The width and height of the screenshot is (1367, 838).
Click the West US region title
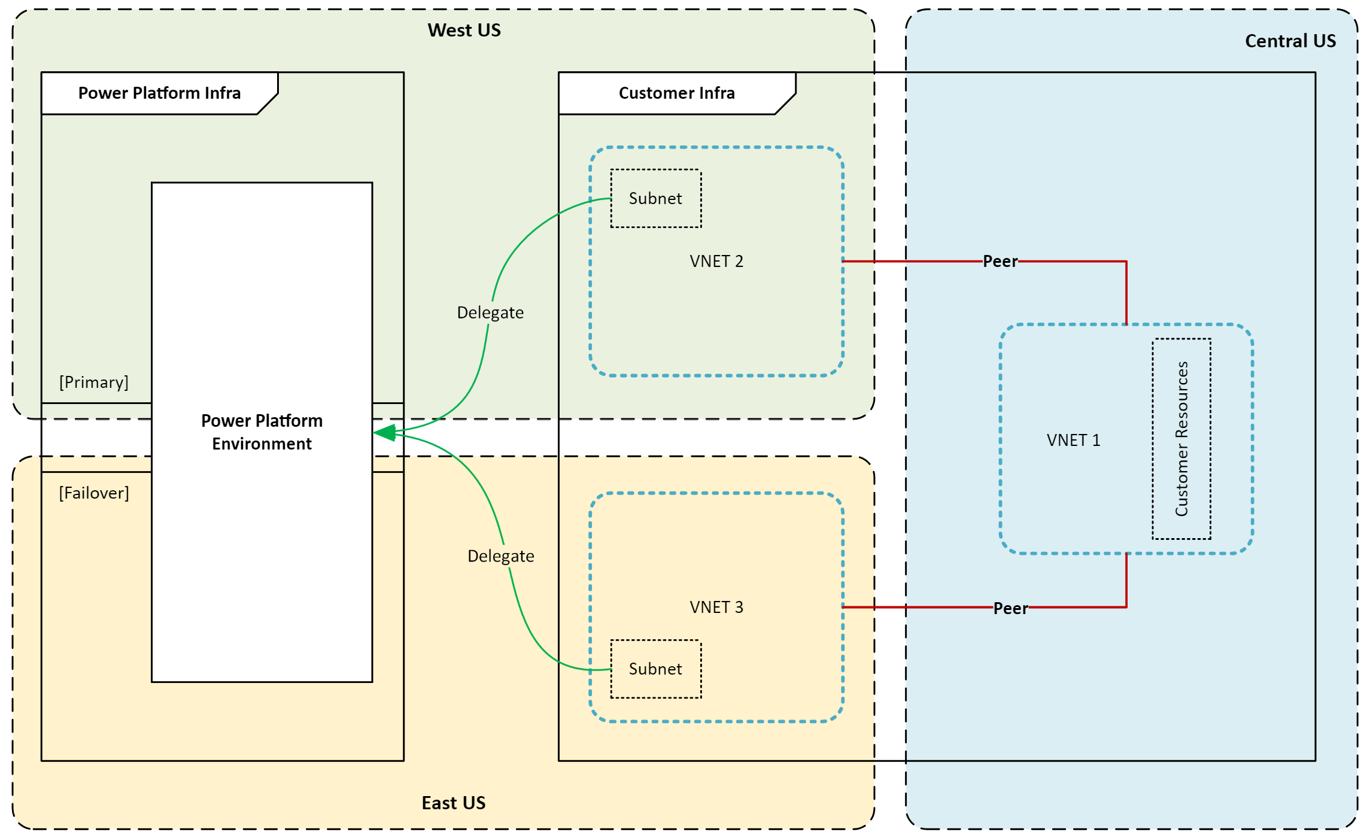[x=464, y=31]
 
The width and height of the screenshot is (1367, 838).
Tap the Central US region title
[x=1290, y=41]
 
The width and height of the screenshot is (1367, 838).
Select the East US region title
[x=453, y=803]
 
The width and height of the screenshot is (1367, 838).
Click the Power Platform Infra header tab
[x=159, y=93]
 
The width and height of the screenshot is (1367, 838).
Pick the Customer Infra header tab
[x=676, y=93]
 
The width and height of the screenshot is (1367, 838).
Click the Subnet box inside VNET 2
[x=655, y=199]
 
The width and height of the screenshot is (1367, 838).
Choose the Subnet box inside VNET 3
[x=655, y=669]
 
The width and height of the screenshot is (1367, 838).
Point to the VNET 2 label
[x=716, y=262]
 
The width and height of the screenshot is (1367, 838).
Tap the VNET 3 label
[x=716, y=608]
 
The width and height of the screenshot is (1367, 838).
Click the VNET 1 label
[x=1073, y=441]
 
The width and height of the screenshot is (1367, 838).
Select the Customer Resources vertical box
[x=1181, y=439]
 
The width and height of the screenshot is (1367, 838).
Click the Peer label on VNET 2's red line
[x=1000, y=262]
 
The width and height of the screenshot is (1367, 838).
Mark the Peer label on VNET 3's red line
[x=1010, y=609]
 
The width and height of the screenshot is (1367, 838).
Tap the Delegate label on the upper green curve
[x=490, y=313]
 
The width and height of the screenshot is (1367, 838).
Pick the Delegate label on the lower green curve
[x=500, y=557]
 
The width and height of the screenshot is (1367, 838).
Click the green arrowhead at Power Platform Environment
[x=384, y=432]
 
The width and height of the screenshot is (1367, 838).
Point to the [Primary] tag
[x=94, y=382]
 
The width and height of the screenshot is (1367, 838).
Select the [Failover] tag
[x=94, y=493]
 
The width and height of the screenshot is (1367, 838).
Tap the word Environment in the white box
[x=262, y=444]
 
